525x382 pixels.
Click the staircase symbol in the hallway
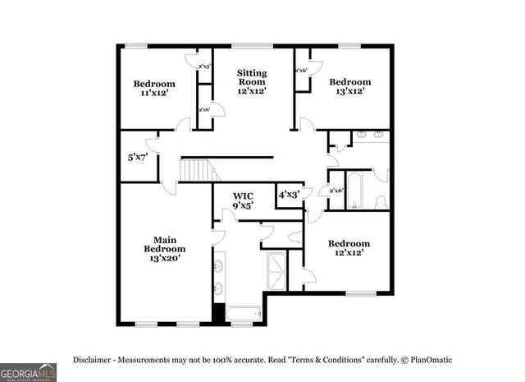198,171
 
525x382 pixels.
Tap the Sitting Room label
252,77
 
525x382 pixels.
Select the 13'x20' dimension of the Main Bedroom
164,259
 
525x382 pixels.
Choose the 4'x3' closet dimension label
289,196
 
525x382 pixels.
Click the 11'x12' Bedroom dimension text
154,94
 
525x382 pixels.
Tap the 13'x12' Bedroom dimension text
350,92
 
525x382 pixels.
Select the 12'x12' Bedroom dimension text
349,254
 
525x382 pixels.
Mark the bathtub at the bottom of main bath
242,313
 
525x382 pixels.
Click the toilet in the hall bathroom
381,200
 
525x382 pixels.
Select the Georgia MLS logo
29,371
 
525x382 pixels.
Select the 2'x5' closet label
205,66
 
